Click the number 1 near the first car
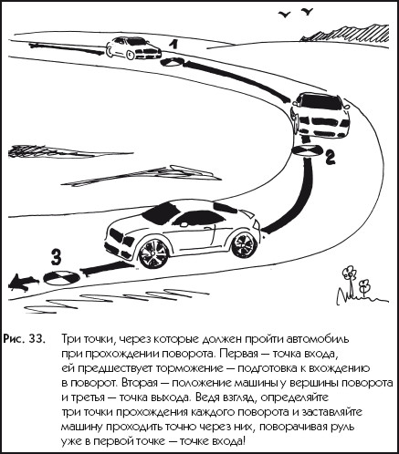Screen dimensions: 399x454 click(173, 45)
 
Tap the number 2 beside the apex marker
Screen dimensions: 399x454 click(331, 158)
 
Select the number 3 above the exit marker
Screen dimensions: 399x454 click(56, 257)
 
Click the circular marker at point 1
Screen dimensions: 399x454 click(173, 62)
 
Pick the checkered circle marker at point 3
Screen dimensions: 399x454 click(62, 277)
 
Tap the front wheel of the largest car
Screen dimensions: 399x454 click(152, 254)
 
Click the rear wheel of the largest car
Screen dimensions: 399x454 click(244, 245)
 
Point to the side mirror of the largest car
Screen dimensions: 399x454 click(184, 224)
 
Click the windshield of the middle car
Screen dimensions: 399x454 click(320, 103)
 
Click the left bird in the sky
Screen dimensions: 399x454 click(285, 15)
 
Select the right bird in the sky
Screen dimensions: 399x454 click(307, 12)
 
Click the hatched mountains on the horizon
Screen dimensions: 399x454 click(344, 34)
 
